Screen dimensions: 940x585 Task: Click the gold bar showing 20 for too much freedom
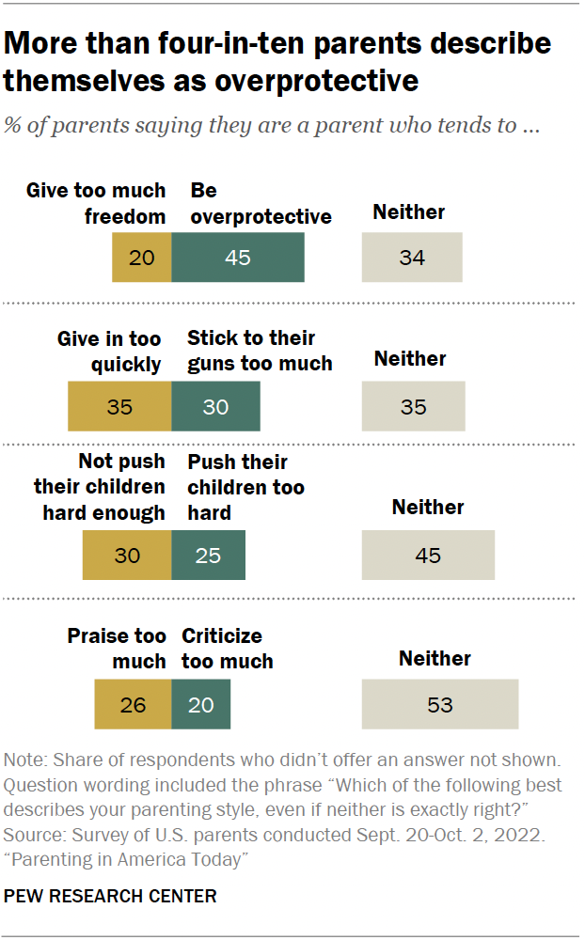click(142, 257)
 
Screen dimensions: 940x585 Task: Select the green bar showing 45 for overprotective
click(238, 257)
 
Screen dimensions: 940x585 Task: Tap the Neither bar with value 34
click(412, 257)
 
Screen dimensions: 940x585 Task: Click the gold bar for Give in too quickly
click(119, 406)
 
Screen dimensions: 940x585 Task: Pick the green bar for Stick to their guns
click(215, 406)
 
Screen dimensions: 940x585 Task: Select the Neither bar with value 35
click(414, 406)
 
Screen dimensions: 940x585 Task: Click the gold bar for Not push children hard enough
click(127, 555)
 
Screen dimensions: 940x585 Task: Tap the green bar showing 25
click(208, 555)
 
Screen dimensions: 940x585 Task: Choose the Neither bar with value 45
click(428, 555)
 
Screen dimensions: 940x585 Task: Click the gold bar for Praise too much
click(133, 704)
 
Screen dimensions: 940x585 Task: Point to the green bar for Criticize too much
click(201, 704)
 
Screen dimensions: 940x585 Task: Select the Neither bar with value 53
click(440, 704)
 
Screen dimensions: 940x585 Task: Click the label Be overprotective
click(261, 203)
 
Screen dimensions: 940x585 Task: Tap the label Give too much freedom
click(96, 203)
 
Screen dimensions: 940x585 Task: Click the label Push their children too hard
click(245, 487)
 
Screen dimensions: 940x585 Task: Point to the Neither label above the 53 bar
click(435, 658)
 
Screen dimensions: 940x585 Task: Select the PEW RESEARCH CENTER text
click(110, 896)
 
